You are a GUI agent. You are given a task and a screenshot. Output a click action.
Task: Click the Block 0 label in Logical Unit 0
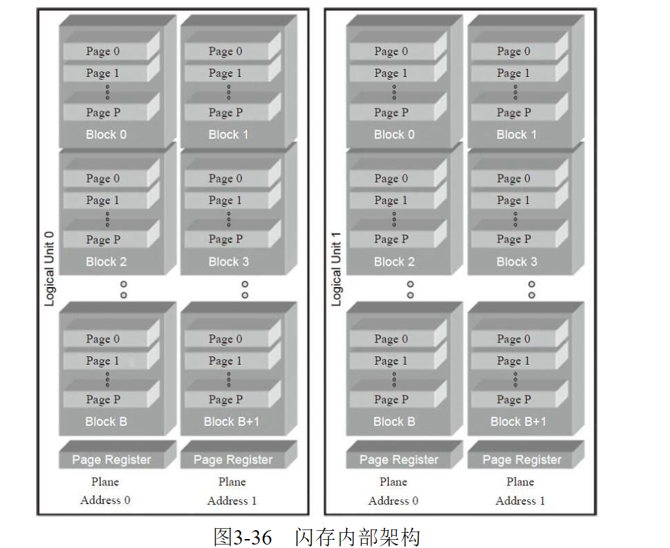click(106, 135)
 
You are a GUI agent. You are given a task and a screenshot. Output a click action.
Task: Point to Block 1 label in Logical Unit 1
click(516, 135)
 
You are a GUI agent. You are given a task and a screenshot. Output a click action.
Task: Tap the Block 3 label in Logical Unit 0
click(229, 262)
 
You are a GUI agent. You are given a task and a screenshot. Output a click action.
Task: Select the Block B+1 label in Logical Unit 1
click(518, 422)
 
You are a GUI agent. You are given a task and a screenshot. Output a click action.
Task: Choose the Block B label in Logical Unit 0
click(106, 422)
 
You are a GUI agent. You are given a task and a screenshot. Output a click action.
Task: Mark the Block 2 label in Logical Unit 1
click(394, 262)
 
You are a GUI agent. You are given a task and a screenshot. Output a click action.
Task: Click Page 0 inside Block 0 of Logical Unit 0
click(103, 52)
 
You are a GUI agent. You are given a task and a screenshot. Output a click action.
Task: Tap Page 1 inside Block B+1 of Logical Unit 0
click(225, 361)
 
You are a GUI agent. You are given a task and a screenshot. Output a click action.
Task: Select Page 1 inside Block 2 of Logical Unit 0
click(103, 201)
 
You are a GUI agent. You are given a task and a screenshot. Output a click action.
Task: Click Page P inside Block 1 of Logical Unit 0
click(225, 113)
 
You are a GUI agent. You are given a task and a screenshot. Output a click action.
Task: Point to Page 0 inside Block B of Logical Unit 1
click(391, 339)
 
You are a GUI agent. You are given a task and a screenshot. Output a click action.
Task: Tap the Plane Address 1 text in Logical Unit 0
click(232, 491)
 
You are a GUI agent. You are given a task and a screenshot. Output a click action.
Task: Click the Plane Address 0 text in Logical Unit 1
click(393, 491)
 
